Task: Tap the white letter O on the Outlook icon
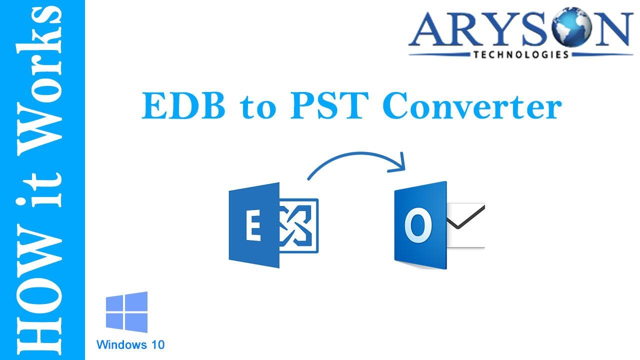click(418, 226)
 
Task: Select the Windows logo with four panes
click(127, 312)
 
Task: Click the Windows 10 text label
click(130, 344)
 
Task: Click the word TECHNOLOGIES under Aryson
click(520, 54)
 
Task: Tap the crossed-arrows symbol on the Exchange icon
click(299, 226)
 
